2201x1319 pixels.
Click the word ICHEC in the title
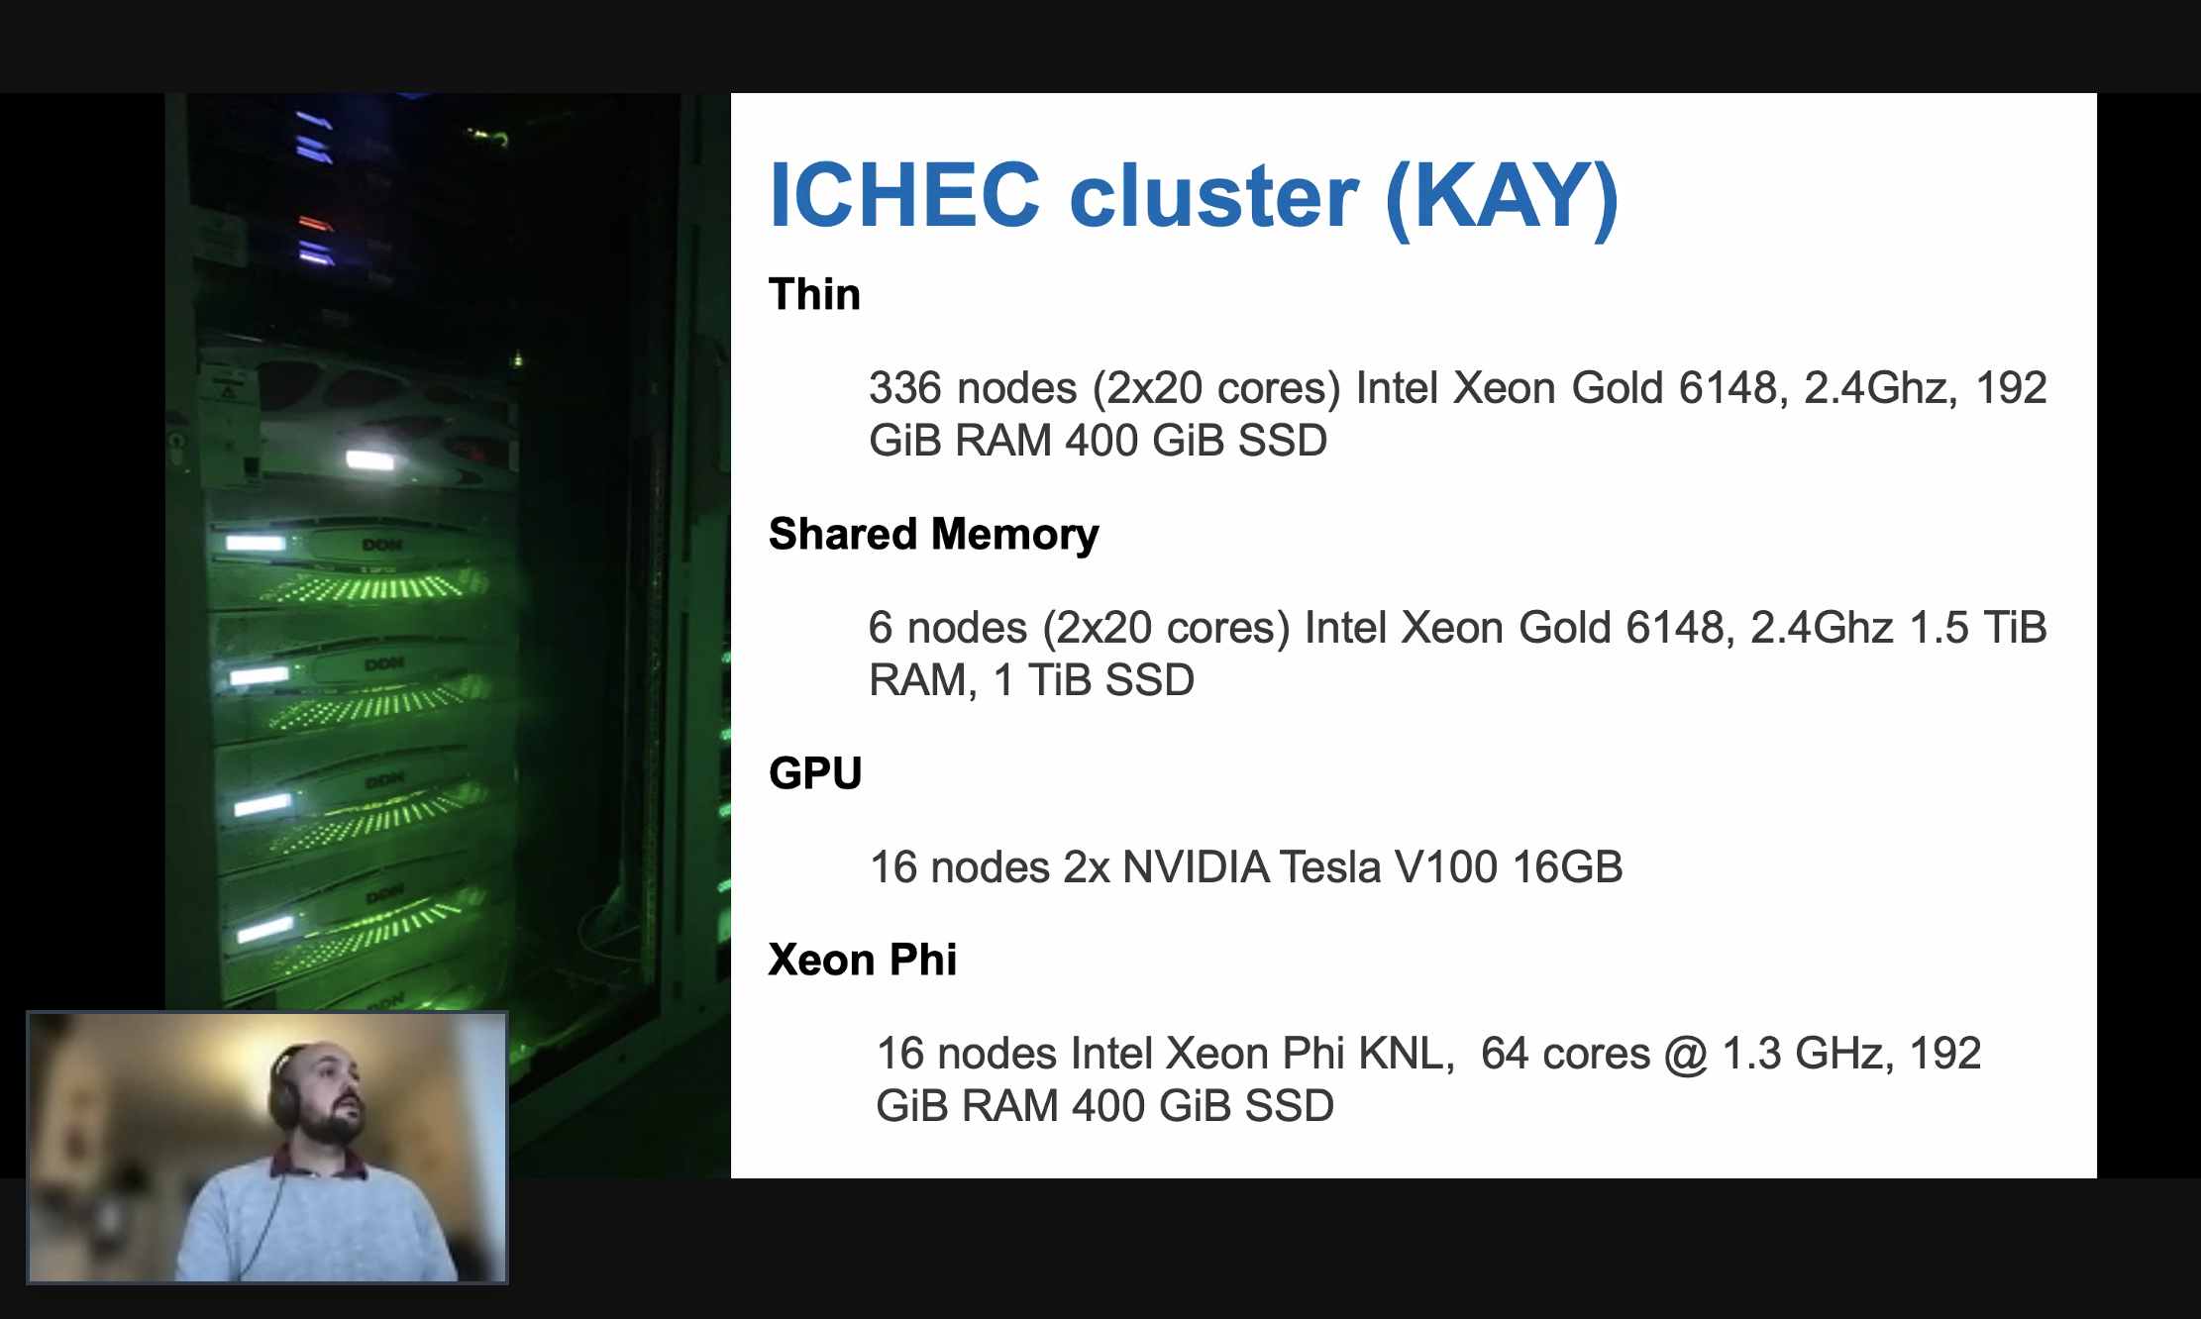click(x=904, y=195)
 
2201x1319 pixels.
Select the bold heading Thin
click(x=814, y=294)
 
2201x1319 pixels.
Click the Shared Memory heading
click(x=933, y=535)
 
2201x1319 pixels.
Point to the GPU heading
click(x=815, y=773)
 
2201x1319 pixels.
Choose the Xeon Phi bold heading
click(x=862, y=960)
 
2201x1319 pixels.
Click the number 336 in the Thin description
click(x=904, y=388)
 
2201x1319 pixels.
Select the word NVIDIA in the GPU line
click(x=1196, y=867)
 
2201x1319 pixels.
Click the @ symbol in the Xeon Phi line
click(x=1686, y=1054)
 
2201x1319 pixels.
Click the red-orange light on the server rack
click(x=314, y=223)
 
